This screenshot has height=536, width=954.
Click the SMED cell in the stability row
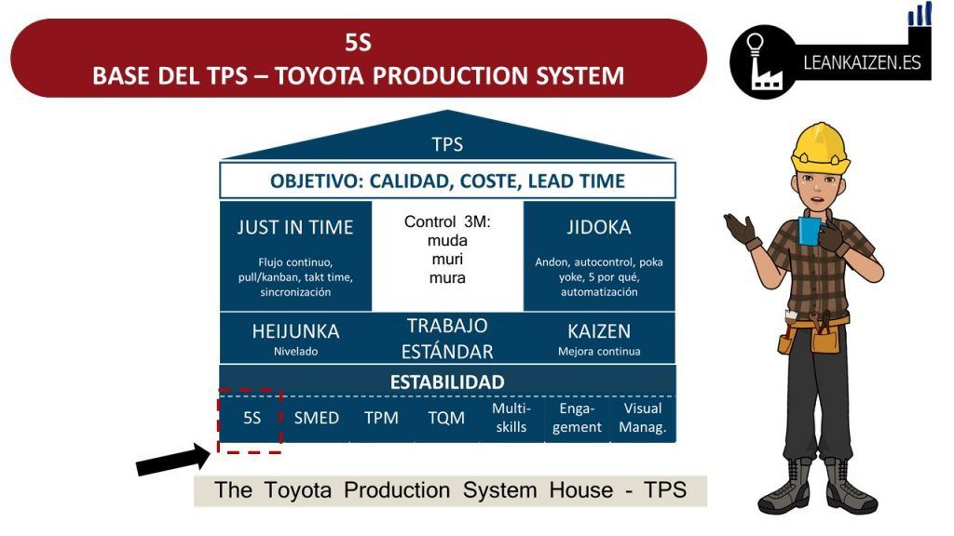317,418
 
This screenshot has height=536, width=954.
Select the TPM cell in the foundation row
381,418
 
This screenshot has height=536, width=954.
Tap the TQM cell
446,418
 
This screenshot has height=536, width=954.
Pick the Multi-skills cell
511,418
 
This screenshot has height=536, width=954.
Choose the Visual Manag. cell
643,418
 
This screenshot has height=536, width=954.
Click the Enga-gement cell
577,418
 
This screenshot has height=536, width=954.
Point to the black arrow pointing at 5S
173,460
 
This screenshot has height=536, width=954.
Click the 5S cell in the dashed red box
252,418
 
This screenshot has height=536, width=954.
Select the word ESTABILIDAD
447,382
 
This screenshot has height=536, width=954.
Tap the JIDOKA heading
599,227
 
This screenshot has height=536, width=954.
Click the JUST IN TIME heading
295,227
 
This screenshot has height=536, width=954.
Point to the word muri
447,260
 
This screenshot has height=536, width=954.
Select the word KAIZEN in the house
599,331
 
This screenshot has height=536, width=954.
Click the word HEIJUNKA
295,331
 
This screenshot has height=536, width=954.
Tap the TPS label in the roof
447,144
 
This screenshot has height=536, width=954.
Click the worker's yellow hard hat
820,148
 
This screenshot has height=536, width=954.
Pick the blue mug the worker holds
810,231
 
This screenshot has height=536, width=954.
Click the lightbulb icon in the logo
755,45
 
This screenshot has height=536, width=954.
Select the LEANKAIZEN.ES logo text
862,62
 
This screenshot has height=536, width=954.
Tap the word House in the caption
581,489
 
